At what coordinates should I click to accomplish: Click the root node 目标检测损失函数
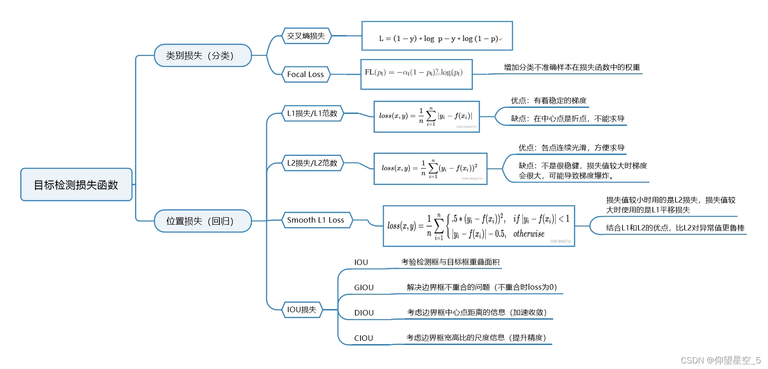point(77,184)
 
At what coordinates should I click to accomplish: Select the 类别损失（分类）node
point(203,55)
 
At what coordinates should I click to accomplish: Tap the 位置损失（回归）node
point(203,221)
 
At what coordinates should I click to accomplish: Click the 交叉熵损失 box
point(306,36)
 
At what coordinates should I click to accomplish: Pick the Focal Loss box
point(306,74)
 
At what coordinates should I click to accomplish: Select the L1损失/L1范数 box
point(312,113)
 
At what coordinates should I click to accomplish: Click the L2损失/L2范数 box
point(312,163)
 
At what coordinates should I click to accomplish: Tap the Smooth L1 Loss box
point(316,220)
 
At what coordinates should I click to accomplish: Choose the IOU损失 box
point(302,309)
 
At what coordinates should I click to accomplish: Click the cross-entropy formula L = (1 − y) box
point(437,36)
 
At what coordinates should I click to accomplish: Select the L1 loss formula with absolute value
point(426,117)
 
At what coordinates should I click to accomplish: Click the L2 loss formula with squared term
point(430,169)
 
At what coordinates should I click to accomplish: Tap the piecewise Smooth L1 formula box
point(479,226)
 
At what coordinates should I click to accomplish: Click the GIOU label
point(364,287)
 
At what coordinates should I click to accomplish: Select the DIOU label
point(364,313)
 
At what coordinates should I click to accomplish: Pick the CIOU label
point(363,338)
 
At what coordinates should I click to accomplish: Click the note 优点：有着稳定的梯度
point(549,101)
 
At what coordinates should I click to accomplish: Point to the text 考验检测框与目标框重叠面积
point(450,262)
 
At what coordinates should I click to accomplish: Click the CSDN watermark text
point(721,360)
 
